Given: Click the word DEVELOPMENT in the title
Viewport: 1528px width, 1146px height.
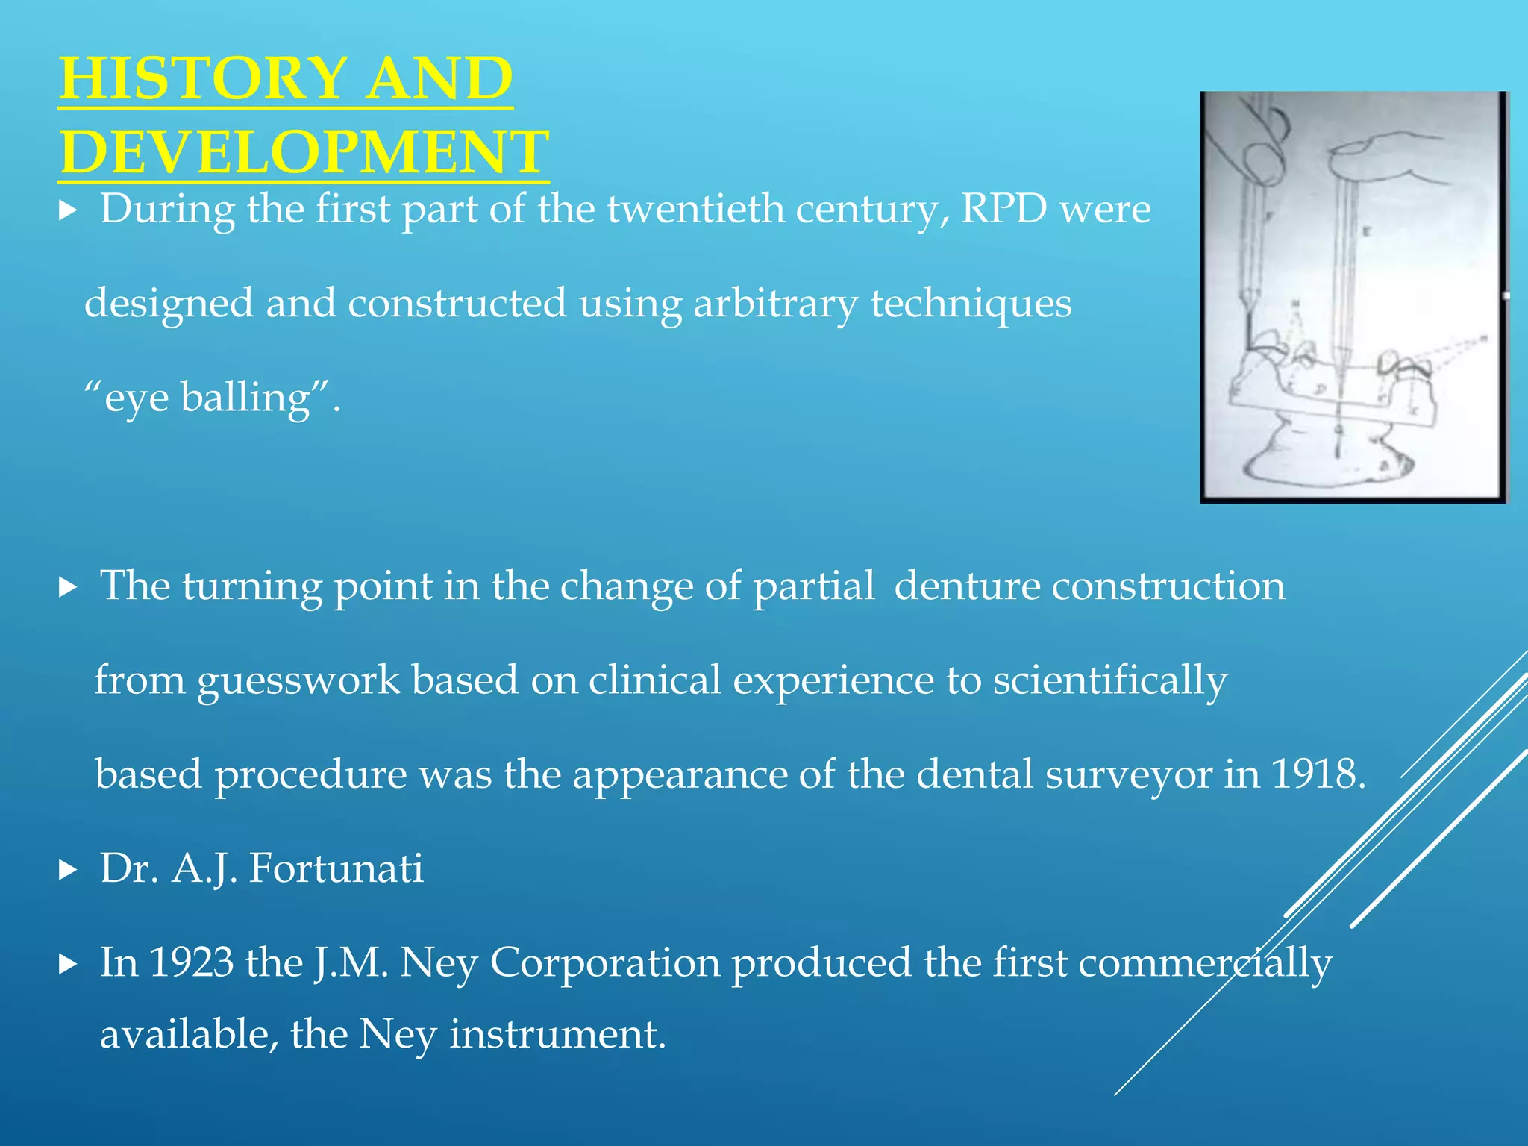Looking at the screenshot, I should pos(304,151).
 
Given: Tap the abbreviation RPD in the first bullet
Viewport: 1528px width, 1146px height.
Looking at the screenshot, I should pos(1004,208).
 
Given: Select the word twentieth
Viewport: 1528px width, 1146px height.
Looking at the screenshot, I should pos(695,208).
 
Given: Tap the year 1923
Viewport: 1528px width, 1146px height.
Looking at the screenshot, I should pos(191,962).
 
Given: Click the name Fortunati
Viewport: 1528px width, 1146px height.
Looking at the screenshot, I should pos(336,868).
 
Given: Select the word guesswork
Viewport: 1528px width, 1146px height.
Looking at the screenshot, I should pos(298,680).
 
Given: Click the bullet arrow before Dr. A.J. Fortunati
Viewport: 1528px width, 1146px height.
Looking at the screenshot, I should pos(68,869).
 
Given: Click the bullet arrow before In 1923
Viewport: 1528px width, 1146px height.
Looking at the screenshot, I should pos(68,964).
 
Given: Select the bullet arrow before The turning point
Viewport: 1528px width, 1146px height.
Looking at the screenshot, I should pos(68,587).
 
